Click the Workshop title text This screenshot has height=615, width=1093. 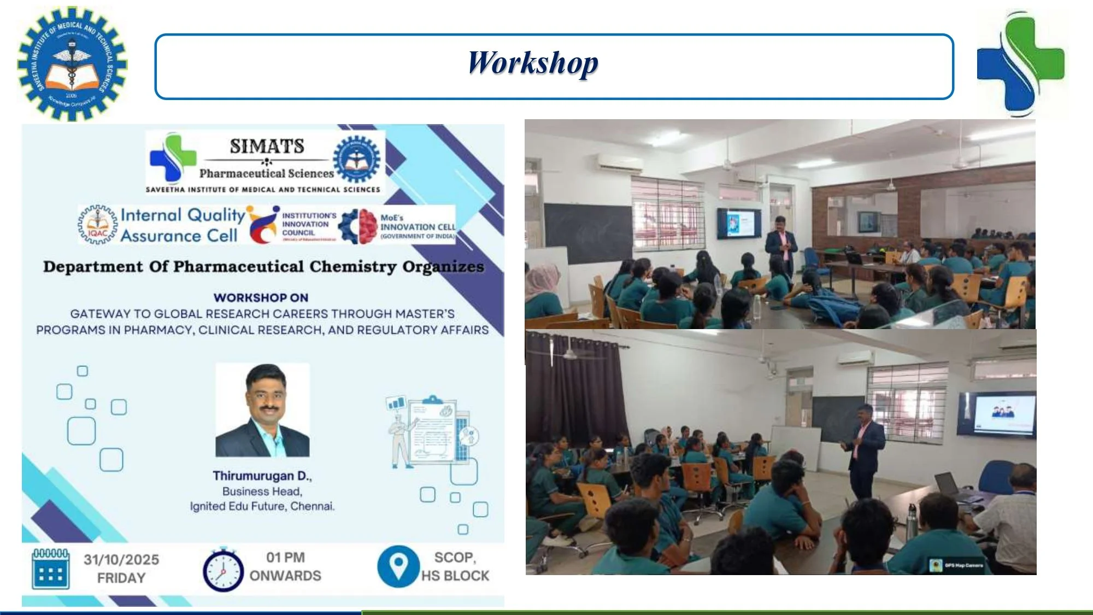pos(533,63)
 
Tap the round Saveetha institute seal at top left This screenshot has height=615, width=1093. pos(72,64)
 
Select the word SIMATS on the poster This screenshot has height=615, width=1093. pos(267,147)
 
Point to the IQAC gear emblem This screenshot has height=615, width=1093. pos(97,225)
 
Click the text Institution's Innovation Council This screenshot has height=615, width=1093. pos(309,224)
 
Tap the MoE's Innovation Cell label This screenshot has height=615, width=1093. pos(418,226)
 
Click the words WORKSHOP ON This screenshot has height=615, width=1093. pos(261,298)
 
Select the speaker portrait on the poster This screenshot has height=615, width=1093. pos(262,410)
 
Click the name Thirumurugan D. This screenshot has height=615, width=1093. pos(262,476)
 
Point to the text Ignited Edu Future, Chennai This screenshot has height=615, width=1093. pos(262,506)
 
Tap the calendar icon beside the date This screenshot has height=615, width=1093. pos(51,569)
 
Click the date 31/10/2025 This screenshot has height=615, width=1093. pos(121,560)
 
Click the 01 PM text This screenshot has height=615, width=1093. pos(285,558)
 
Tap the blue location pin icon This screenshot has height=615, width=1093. pos(398,566)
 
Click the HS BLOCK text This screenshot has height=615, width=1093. pos(455,576)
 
